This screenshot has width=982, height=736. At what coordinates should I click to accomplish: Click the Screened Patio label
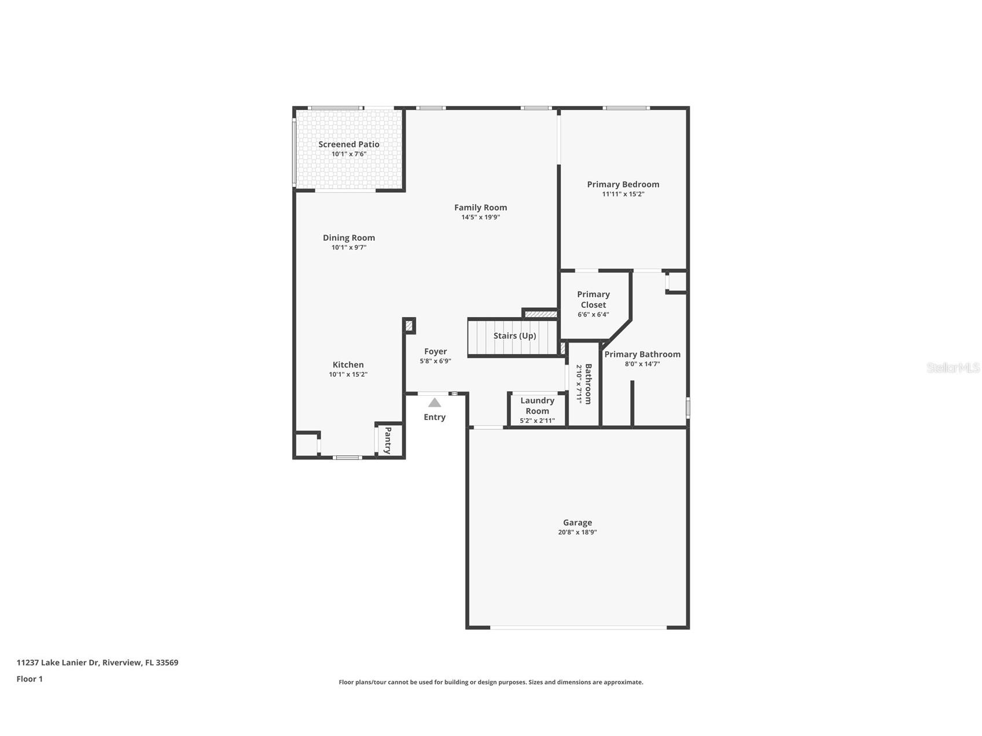pyautogui.click(x=348, y=144)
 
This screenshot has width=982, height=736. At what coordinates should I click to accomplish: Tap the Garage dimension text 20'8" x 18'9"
pyautogui.click(x=577, y=532)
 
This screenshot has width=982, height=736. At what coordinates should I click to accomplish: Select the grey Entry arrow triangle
pyautogui.click(x=435, y=403)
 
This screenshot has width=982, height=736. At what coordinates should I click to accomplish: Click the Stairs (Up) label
pyautogui.click(x=514, y=336)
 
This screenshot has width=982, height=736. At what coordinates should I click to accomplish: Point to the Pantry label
pyautogui.click(x=388, y=440)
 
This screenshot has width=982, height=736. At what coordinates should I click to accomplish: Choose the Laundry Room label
pyautogui.click(x=537, y=406)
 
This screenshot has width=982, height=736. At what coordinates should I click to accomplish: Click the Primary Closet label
pyautogui.click(x=593, y=299)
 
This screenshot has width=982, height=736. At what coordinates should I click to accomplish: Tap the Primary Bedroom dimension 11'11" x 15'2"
pyautogui.click(x=623, y=194)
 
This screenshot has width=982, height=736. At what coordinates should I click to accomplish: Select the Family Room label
pyautogui.click(x=480, y=207)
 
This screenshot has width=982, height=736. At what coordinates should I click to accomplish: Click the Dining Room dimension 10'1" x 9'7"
pyautogui.click(x=348, y=248)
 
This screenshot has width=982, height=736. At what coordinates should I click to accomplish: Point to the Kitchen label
pyautogui.click(x=348, y=365)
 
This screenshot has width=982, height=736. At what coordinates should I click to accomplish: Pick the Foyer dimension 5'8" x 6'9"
pyautogui.click(x=435, y=361)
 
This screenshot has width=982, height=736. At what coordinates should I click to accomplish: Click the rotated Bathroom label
pyautogui.click(x=588, y=384)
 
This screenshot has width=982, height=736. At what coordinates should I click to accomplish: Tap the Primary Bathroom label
pyautogui.click(x=642, y=354)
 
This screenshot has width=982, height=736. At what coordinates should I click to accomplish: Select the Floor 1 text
pyautogui.click(x=30, y=679)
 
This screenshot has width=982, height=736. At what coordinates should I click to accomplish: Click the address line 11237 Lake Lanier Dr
pyautogui.click(x=97, y=663)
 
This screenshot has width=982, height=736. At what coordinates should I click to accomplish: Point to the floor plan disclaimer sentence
pyautogui.click(x=491, y=682)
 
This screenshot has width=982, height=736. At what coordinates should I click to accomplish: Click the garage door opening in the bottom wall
pyautogui.click(x=578, y=627)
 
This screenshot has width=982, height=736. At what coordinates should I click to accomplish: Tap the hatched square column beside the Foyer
pyautogui.click(x=409, y=326)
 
